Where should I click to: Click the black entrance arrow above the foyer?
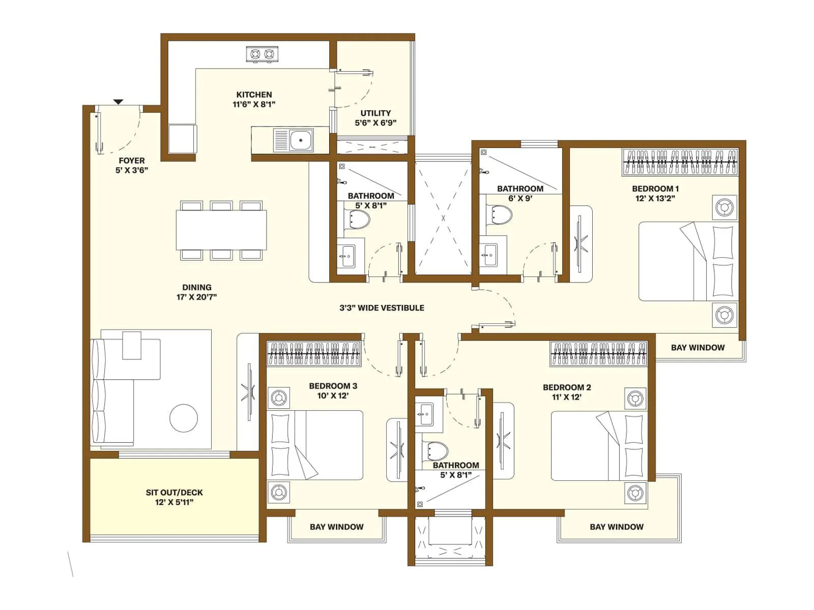pos(118,102)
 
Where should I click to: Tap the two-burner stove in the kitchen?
pos(262,54)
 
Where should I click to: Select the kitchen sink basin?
pos(301,140)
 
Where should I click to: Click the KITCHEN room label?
pos(254,95)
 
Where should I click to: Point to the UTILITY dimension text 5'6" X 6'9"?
pos(375,123)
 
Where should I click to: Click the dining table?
pos(221,230)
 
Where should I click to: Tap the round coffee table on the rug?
pos(183,418)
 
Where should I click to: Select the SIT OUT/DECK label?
pos(174,493)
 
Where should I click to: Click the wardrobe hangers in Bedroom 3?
pos(314,354)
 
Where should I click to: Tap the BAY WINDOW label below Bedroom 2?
pos(617,527)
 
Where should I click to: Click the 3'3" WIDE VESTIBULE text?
pos(382,308)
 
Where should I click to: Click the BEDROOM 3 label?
pos(333,386)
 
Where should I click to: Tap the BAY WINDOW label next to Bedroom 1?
pos(697,348)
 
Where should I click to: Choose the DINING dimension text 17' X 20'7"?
pos(196,297)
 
